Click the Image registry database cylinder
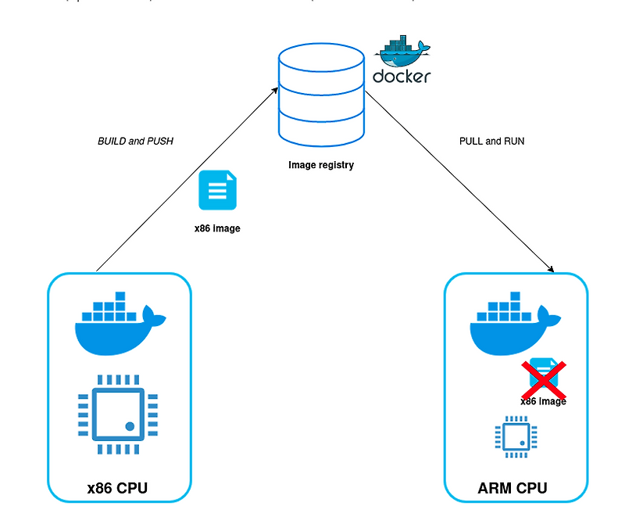click(x=321, y=97)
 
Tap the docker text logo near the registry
click(x=402, y=77)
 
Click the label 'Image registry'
click(x=321, y=165)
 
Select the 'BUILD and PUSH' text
click(x=135, y=142)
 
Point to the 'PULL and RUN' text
click(x=492, y=142)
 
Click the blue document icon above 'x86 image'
click(x=218, y=191)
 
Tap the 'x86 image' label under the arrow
click(x=217, y=229)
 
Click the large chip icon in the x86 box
click(x=118, y=414)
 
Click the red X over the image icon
click(x=545, y=378)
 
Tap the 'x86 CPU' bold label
click(x=117, y=490)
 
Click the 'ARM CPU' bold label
click(x=512, y=490)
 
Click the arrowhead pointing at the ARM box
click(x=550, y=269)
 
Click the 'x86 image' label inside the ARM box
click(x=543, y=401)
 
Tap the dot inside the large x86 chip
click(x=130, y=426)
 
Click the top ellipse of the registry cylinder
click(x=321, y=59)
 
